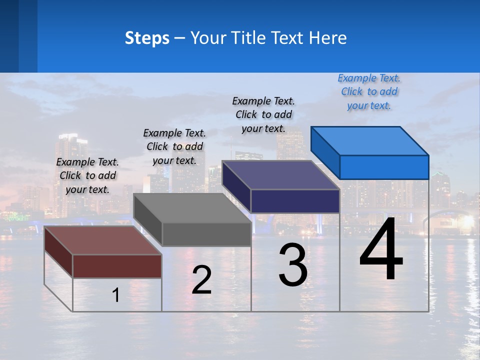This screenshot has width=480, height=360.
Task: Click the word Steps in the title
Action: coord(147,38)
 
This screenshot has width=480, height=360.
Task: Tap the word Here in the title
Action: coord(328,38)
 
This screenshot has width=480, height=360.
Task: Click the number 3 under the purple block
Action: coord(293,265)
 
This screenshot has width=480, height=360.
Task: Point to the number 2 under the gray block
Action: coord(202,280)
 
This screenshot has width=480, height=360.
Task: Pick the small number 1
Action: coord(116,295)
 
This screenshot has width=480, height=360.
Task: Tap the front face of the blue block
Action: coord(384,167)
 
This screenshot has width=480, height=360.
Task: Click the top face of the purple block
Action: coord(281,175)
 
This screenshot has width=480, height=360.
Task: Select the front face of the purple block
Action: coord(295,201)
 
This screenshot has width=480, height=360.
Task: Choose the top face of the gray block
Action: coord(192,208)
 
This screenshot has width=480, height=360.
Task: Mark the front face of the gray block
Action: coord(206,234)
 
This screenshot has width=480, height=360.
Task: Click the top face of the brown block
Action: coord(103,240)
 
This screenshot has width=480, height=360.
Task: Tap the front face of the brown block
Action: coord(117,266)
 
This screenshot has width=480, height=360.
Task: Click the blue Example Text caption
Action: coord(369,92)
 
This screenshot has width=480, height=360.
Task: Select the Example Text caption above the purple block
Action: coord(263,114)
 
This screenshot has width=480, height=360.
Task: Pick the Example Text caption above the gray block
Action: coord(174,146)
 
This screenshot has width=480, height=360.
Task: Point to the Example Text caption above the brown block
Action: coord(87,175)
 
